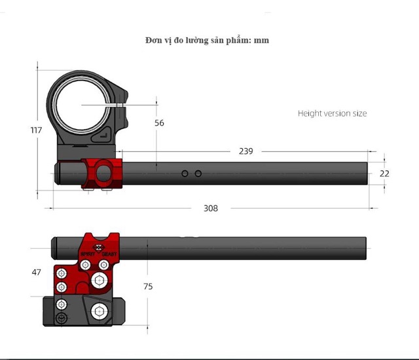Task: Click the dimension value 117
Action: tap(36, 130)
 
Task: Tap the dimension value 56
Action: tap(159, 122)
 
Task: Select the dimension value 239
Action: tap(246, 151)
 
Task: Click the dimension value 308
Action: tap(210, 208)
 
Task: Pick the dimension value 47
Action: tap(36, 271)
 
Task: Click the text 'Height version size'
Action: tap(332, 113)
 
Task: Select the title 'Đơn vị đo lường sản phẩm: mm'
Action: tap(207, 40)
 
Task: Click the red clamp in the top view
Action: tap(102, 173)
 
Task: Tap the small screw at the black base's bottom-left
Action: tap(62, 319)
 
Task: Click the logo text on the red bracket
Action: tap(99, 253)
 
